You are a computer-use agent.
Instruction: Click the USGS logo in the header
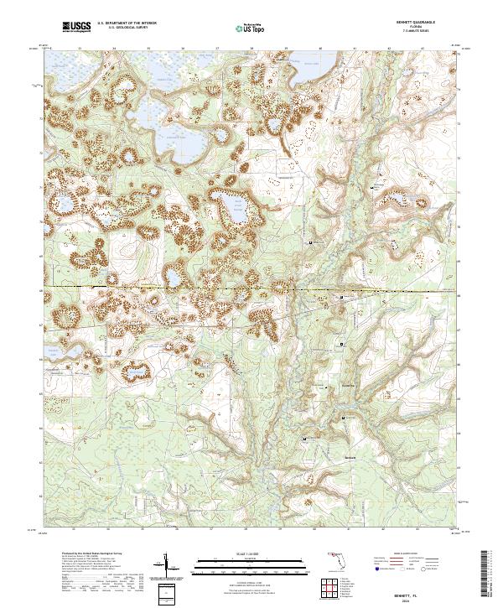[x=77, y=27]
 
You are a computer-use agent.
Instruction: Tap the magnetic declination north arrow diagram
[x=168, y=564]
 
